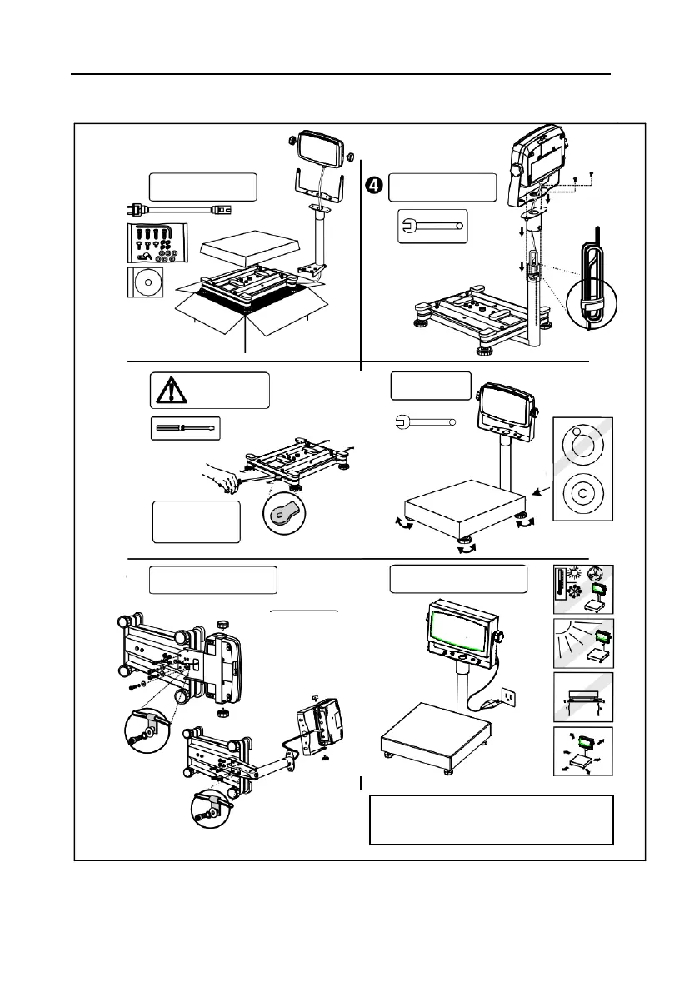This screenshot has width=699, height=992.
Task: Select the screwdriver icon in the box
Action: [x=185, y=429]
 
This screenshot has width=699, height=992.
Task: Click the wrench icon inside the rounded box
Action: [x=432, y=226]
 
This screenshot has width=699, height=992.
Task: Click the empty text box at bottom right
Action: [x=491, y=820]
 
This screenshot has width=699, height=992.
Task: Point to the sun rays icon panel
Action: [x=583, y=645]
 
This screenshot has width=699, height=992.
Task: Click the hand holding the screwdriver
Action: [x=224, y=478]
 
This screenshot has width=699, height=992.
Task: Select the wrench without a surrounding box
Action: [x=423, y=421]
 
